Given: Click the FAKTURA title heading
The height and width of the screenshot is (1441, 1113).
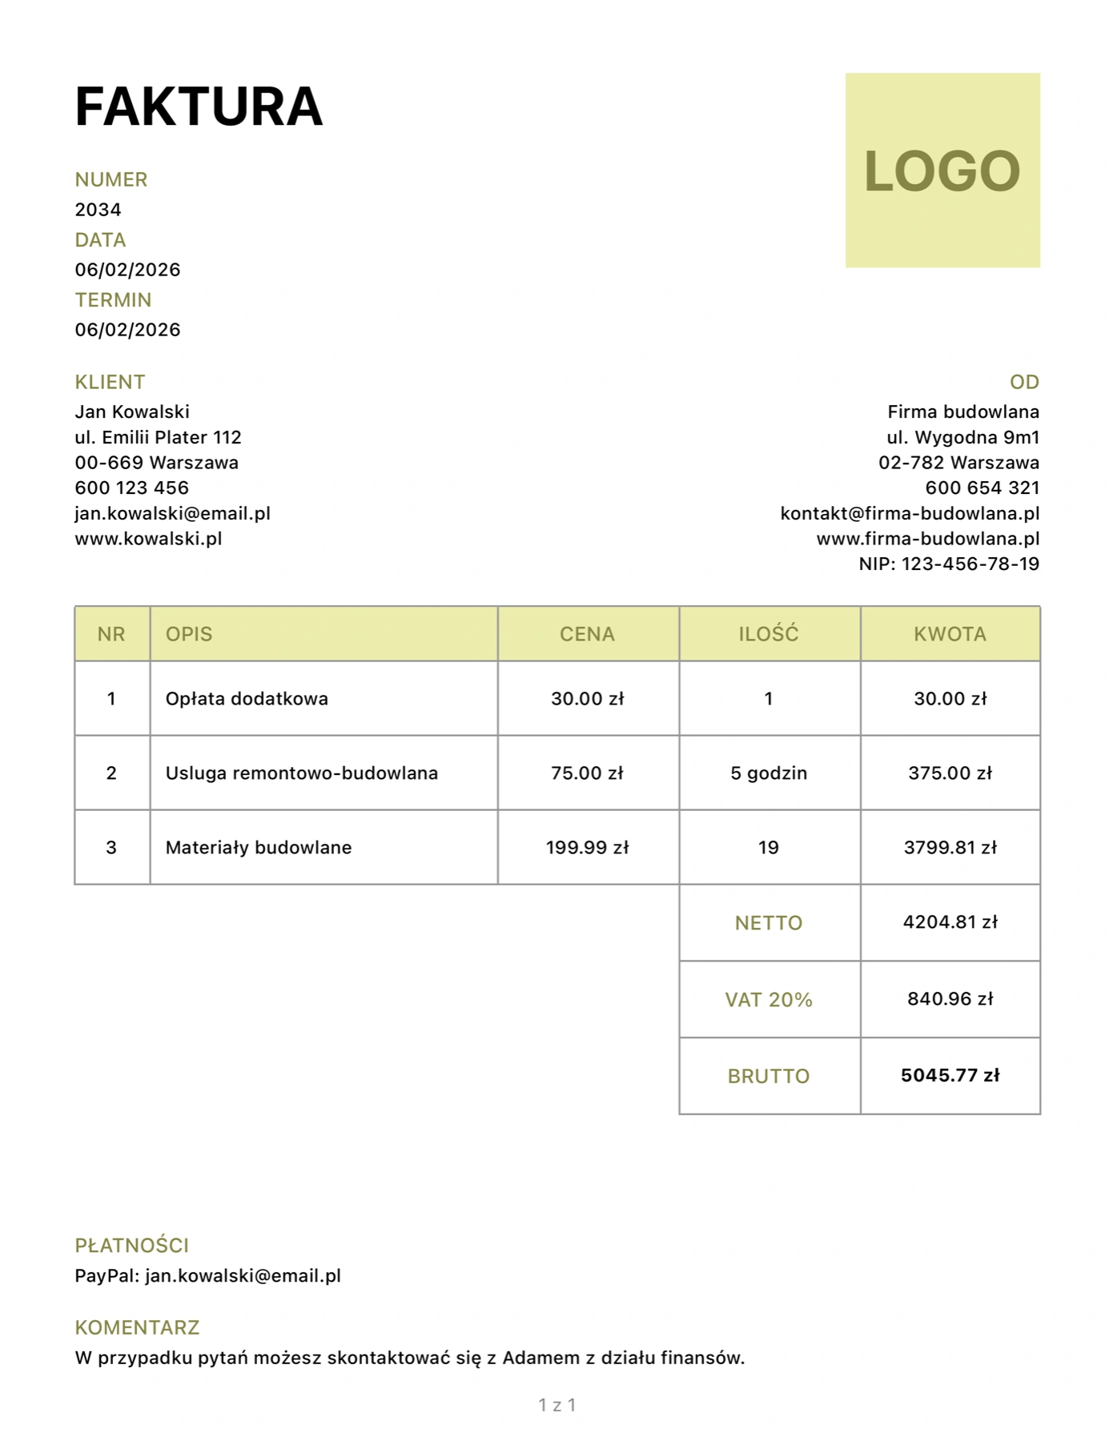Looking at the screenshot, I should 199,106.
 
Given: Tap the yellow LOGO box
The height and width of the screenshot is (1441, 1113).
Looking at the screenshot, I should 942,171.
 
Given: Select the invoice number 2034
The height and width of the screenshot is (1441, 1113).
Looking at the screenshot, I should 98,210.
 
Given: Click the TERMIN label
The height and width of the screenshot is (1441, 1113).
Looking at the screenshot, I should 113,300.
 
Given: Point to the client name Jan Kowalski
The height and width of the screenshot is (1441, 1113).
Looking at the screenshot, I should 132,411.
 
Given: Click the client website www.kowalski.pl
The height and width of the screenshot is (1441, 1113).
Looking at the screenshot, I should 148,539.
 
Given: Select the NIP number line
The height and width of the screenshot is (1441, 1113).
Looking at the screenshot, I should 949,564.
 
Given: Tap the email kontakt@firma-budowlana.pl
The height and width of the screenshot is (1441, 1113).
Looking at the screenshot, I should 910,513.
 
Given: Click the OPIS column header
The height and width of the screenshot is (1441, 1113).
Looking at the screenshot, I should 189,634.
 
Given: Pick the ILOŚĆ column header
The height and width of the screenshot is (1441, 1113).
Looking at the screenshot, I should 769,634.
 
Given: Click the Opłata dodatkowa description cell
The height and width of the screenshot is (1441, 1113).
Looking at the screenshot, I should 247,699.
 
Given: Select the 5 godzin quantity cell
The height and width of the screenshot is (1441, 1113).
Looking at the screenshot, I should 769,773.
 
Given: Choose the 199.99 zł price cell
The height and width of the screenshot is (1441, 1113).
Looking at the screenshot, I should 587,848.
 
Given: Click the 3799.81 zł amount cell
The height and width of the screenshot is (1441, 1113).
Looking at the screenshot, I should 950,848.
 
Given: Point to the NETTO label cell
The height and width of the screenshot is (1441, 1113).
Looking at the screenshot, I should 769,923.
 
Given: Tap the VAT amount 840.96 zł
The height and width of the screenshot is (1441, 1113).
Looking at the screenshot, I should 950,999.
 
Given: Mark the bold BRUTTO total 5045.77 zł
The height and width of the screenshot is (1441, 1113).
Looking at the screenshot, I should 950,1075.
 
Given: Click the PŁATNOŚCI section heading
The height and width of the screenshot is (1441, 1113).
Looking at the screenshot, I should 131,1246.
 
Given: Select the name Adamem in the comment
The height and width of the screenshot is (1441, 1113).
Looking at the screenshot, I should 540,1358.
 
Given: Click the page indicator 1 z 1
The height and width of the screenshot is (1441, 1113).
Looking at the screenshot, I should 556,1405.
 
